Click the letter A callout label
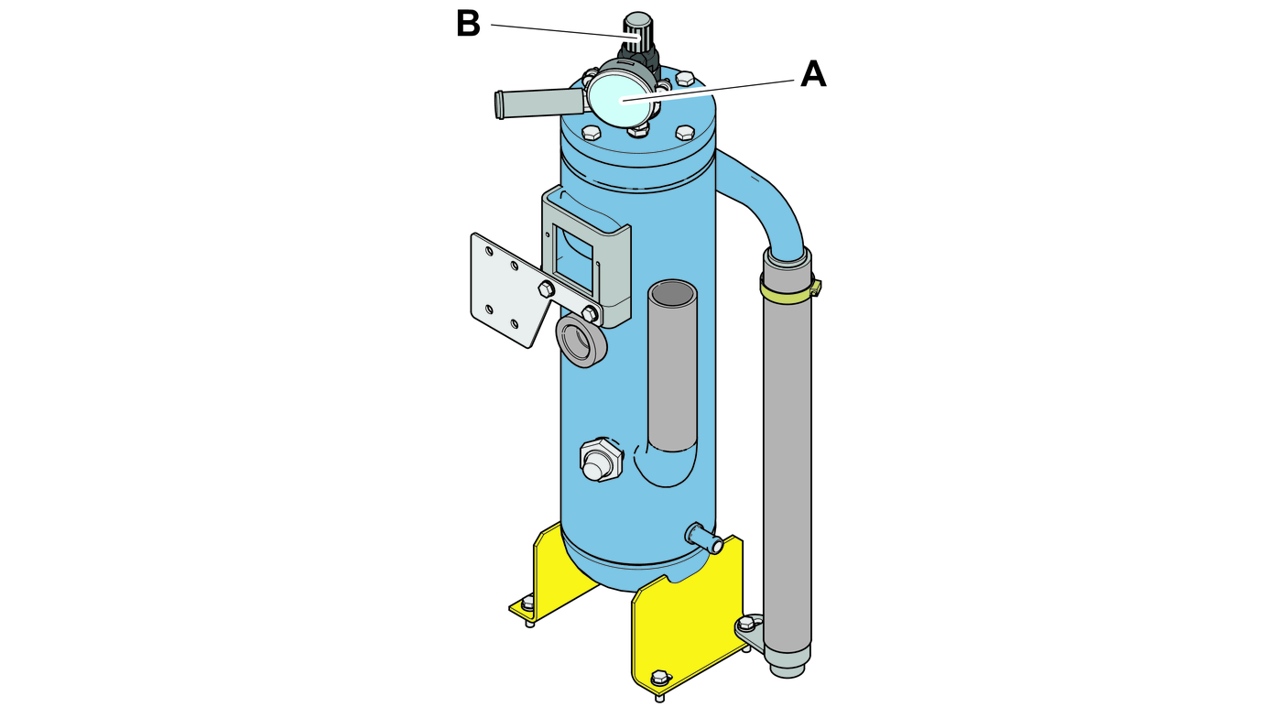813,75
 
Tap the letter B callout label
468,25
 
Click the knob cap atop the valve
636,22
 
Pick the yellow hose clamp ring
787,290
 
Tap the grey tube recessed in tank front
671,366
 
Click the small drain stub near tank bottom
705,539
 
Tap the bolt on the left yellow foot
527,604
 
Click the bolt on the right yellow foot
658,680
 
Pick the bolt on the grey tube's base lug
745,625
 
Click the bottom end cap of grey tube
788,662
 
